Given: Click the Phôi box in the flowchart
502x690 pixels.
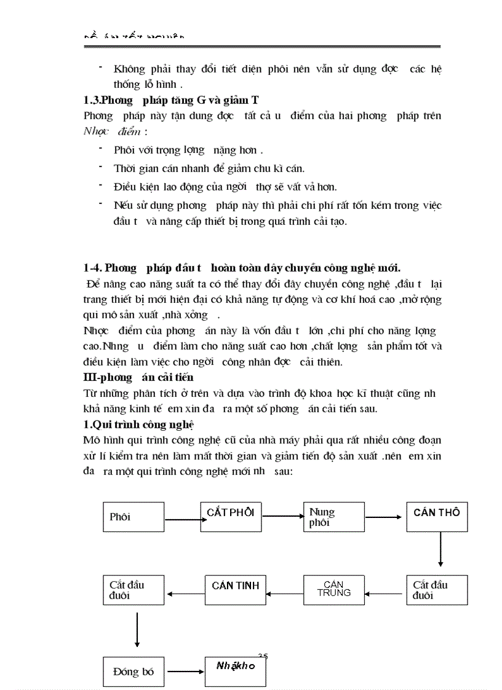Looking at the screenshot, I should (x=133, y=517).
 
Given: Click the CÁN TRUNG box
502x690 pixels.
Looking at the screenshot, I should (x=334, y=589).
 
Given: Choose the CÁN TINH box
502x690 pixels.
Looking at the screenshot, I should (x=235, y=589).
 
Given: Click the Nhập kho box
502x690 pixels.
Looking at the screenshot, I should (x=235, y=672).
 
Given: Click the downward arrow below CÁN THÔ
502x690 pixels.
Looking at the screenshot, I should (x=440, y=549).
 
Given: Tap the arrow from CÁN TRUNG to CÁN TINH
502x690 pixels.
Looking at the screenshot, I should (x=285, y=593).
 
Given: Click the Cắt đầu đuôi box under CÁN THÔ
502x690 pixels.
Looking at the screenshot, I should (x=437, y=590).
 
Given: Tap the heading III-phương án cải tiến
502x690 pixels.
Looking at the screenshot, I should (x=138, y=377).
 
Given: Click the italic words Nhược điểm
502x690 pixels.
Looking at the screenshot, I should (x=113, y=131).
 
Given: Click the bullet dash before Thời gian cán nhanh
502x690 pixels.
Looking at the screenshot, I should (x=100, y=167).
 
